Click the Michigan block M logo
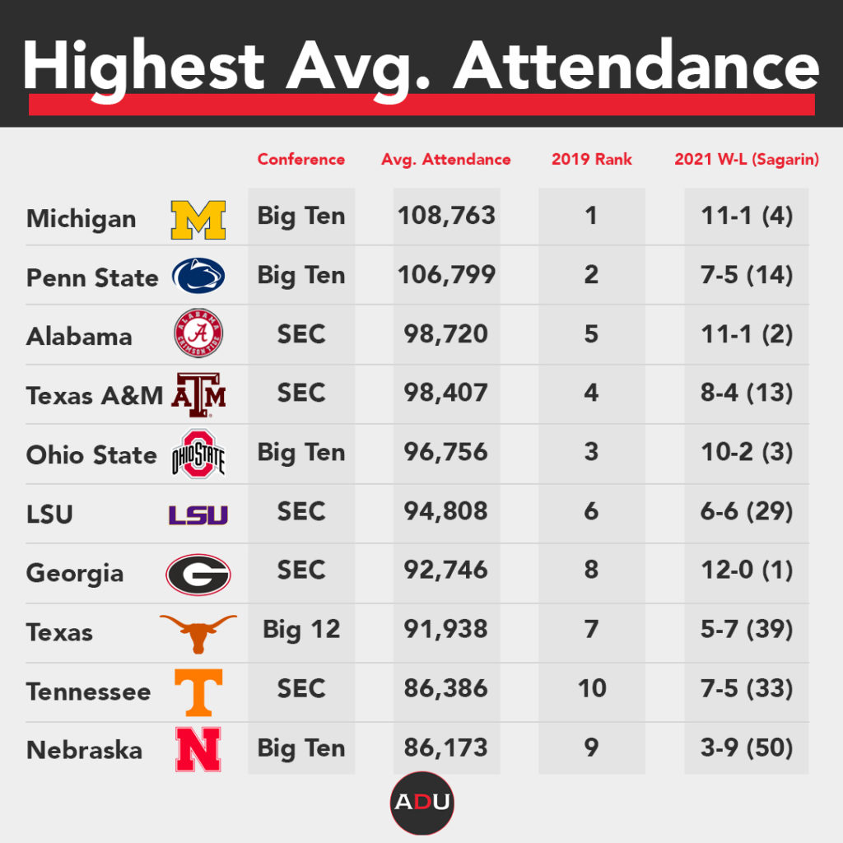click(198, 219)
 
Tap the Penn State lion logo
click(198, 277)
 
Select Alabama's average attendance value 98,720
click(446, 334)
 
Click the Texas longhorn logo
click(198, 631)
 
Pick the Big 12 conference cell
click(301, 630)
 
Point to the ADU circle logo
click(421, 803)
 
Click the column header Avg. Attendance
click(446, 160)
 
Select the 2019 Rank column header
click(591, 160)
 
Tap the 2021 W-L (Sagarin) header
click(747, 160)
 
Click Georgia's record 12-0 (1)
click(747, 571)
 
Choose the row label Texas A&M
click(94, 396)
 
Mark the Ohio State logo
click(198, 454)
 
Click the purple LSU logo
click(198, 515)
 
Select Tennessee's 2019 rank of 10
click(591, 688)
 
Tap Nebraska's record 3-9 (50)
click(747, 748)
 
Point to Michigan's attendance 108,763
click(446, 216)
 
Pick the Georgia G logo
click(198, 574)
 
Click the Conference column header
click(301, 160)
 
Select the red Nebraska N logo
click(198, 750)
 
